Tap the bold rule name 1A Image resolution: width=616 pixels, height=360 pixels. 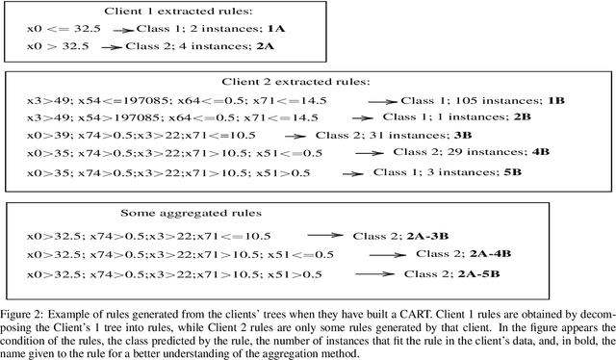pyautogui.click(x=243, y=30)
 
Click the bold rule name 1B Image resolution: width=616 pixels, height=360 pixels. pyautogui.click(x=555, y=99)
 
